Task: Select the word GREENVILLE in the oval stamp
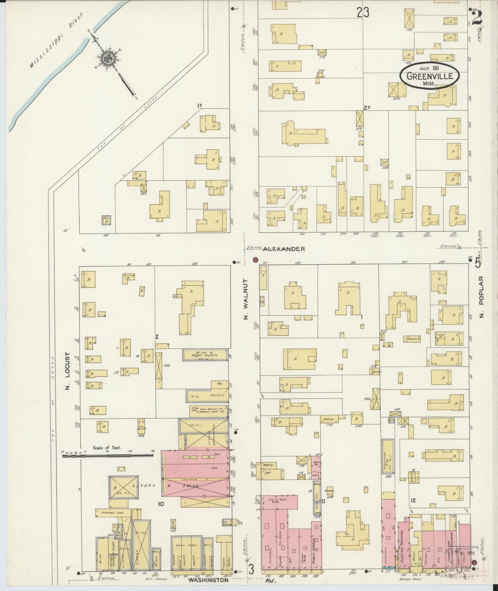[x=429, y=76]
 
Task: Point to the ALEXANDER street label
[x=284, y=249]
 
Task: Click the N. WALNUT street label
[x=246, y=299]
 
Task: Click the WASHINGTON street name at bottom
[x=208, y=580]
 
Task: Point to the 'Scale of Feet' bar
[x=108, y=455]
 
